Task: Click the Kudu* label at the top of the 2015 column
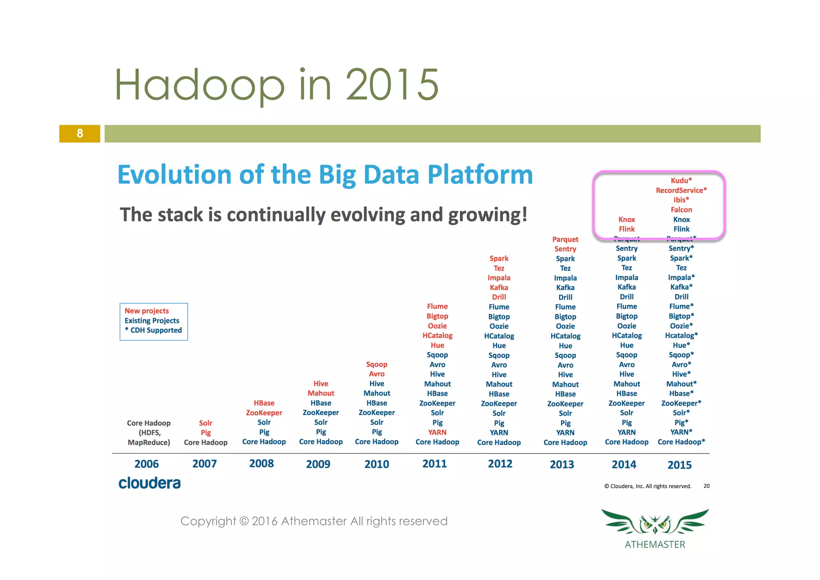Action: [x=681, y=180]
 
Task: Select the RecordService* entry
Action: [x=681, y=190]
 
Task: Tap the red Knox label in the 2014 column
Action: [x=626, y=219]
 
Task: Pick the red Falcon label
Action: [x=681, y=210]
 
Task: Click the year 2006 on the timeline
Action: [x=147, y=464]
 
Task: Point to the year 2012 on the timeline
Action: [x=500, y=464]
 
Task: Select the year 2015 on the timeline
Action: [x=679, y=465]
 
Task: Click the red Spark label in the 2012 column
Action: [x=498, y=259]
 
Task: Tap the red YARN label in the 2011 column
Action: [x=437, y=432]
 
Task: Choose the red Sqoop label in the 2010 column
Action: [x=376, y=364]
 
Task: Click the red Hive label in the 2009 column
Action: [x=321, y=384]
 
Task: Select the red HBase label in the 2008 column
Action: [x=264, y=403]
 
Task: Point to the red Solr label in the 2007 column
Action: [x=205, y=423]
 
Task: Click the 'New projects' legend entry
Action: [x=147, y=311]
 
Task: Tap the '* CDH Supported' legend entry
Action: [x=153, y=330]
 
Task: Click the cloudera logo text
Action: [x=149, y=483]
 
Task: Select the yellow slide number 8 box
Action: [x=80, y=133]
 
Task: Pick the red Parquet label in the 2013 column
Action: [x=565, y=239]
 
